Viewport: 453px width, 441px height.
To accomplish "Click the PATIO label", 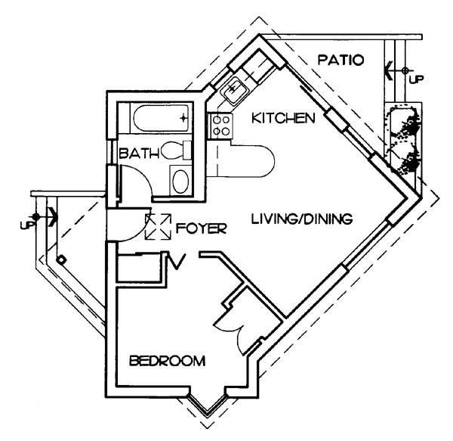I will pos(339,58).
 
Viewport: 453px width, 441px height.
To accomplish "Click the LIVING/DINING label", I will pos(302,220).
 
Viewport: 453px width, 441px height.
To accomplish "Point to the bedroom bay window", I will pos(208,405).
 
